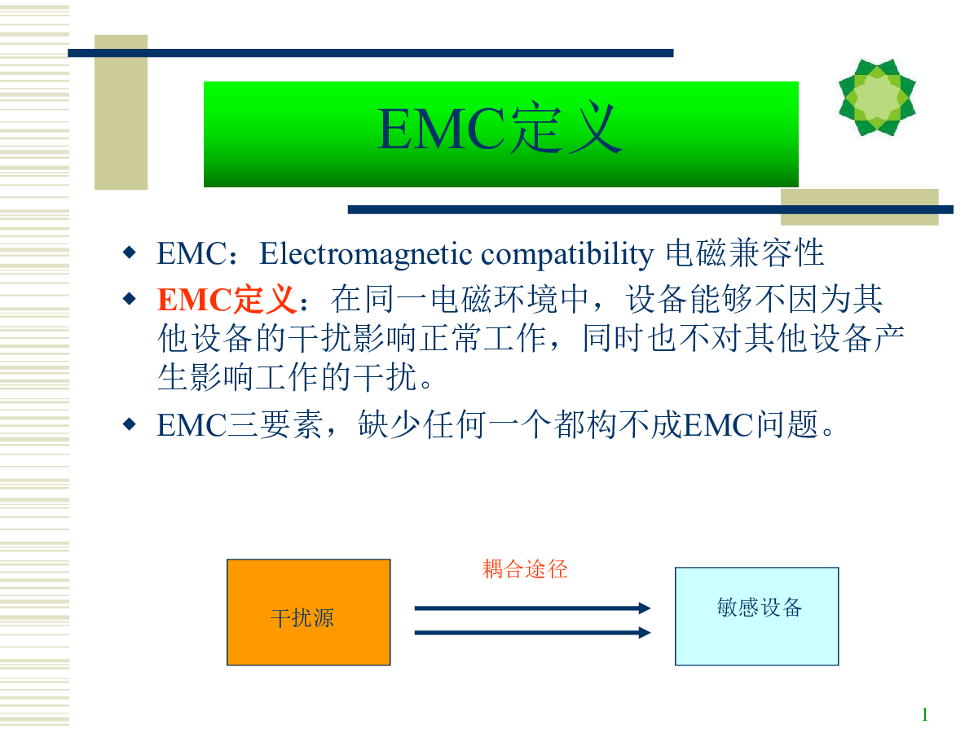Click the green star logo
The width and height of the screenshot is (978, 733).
point(877,98)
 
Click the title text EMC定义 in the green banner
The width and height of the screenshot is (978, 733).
point(500,128)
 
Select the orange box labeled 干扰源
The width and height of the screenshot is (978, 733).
point(308,612)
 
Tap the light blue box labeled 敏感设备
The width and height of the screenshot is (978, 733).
point(756,617)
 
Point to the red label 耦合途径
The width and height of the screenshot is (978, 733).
point(525,569)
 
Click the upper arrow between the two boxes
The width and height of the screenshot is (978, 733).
point(532,608)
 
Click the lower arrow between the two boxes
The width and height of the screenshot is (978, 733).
point(532,633)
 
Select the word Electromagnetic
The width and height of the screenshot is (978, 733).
point(365,253)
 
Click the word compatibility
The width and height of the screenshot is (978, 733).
point(567,253)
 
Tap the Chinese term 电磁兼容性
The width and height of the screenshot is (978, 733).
point(744,252)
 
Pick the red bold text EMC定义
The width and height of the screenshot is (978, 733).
point(227,299)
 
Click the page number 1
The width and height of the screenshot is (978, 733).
point(924,714)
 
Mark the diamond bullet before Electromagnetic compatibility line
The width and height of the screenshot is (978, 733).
point(130,252)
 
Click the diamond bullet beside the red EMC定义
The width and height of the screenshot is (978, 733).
point(130,299)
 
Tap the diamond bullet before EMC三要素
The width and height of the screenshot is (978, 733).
point(130,424)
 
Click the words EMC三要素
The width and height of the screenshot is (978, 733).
point(240,424)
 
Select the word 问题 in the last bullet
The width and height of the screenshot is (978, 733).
point(786,424)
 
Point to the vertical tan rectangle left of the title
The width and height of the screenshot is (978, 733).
point(121,112)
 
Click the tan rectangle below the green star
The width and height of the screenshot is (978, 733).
point(860,207)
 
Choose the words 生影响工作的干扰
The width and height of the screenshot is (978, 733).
point(287,377)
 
